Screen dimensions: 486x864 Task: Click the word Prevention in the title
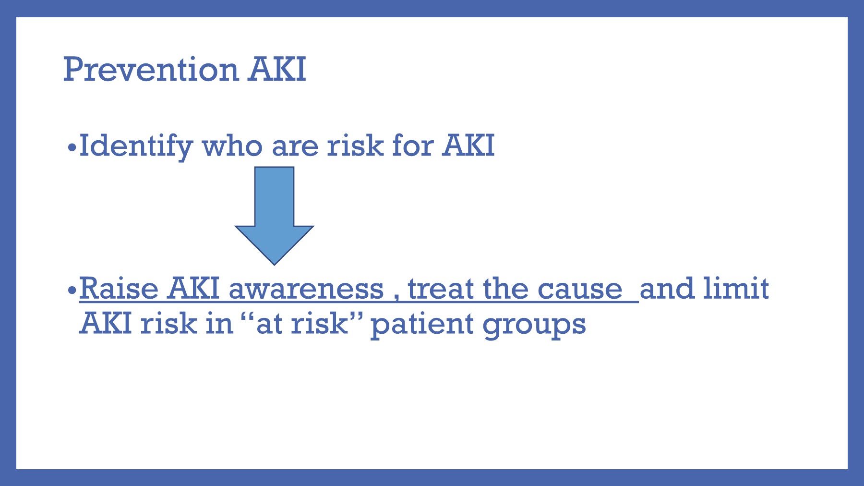point(151,70)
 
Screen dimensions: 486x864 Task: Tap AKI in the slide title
point(277,70)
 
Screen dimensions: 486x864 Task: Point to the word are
point(295,146)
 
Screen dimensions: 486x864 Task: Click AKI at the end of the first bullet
point(468,146)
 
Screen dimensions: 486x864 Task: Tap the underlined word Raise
point(119,289)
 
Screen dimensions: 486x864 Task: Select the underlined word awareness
point(306,290)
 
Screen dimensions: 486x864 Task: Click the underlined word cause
point(580,290)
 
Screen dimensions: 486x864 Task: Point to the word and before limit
point(667,289)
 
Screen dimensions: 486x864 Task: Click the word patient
point(422,324)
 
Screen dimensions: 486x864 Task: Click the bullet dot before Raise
point(72,290)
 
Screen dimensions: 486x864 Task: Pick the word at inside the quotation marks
point(269,324)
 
